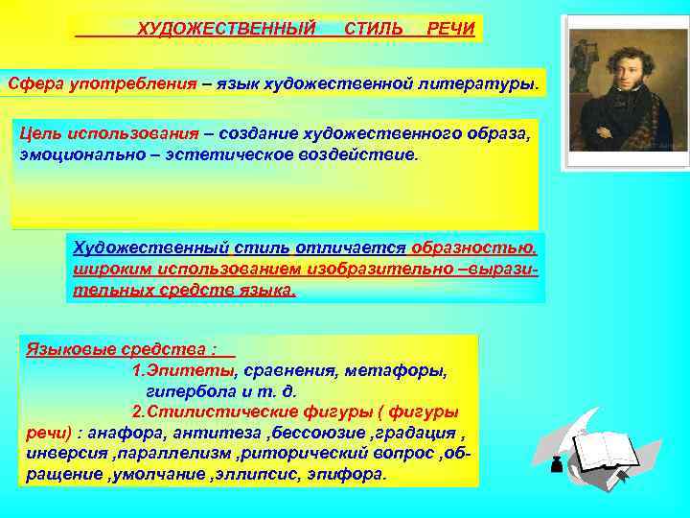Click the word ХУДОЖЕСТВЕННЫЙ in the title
(x=226, y=28)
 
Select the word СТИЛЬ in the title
(x=373, y=28)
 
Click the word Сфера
(x=34, y=83)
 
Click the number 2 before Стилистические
(x=136, y=412)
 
